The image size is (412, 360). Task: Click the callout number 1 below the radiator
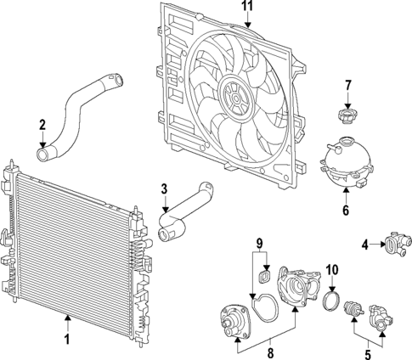point(65,340)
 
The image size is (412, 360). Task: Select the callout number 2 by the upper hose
point(42,125)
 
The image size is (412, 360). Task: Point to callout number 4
point(364,245)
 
